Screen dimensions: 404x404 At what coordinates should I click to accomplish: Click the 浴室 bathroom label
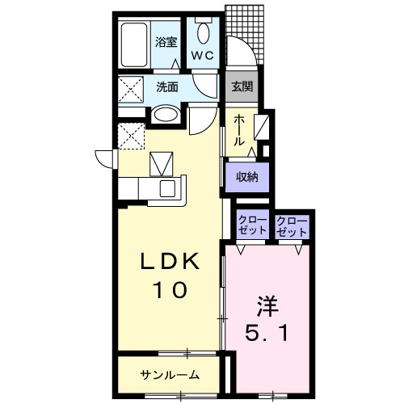[166, 41]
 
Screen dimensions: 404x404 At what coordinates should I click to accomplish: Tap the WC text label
[202, 56]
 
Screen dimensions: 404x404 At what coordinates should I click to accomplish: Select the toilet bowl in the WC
[202, 33]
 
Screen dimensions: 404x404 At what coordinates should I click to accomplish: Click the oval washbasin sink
[166, 115]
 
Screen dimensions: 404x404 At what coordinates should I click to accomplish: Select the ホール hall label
[240, 130]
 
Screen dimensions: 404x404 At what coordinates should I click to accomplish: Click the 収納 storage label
[247, 177]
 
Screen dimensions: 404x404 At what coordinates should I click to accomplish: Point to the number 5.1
[267, 331]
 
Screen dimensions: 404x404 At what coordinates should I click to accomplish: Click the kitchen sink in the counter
[169, 188]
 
